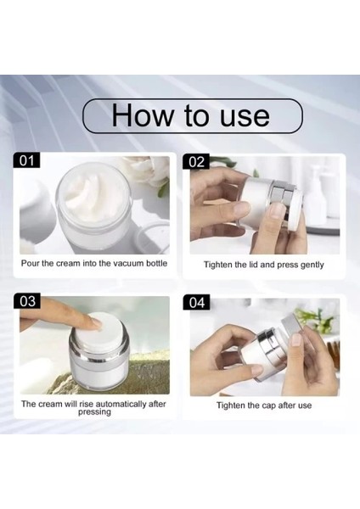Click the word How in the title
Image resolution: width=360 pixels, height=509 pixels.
click(143, 115)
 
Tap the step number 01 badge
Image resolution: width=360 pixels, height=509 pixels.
click(26, 160)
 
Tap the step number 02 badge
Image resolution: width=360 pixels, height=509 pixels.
click(196, 161)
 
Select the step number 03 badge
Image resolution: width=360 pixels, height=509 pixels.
click(27, 300)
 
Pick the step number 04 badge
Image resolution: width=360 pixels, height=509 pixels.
click(197, 302)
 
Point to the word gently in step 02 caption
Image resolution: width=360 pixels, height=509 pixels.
click(312, 265)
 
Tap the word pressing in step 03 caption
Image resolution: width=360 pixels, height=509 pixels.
click(94, 412)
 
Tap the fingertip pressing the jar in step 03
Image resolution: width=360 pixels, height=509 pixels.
click(94, 323)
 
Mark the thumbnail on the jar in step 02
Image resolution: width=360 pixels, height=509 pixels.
click(277, 211)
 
